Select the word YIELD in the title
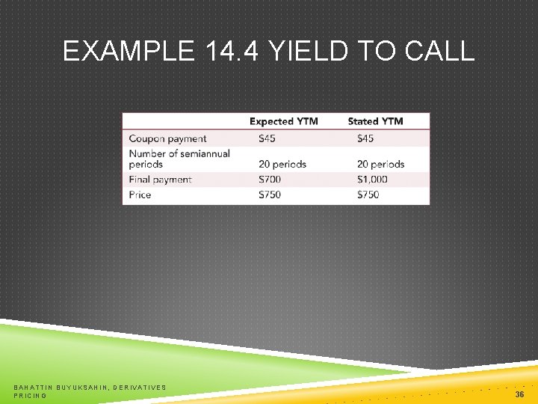309,51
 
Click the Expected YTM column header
283,121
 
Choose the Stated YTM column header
375,121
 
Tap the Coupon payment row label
167,138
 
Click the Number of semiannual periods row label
179,158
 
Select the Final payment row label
160,180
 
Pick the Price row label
140,195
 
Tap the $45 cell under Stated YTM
365,138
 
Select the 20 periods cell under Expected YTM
282,164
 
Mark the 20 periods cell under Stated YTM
380,164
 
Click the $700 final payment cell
269,180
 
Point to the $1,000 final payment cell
372,180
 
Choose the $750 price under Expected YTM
269,195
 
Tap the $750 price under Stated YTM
368,195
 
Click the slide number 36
519,393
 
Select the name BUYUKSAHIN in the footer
78,387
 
